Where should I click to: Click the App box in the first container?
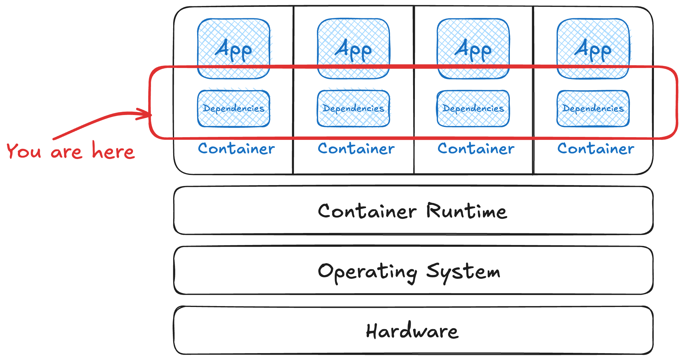click(234, 49)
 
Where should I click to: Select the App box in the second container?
click(353, 49)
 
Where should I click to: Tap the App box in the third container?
click(473, 49)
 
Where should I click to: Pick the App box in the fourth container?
click(593, 49)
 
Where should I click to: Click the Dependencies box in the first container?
click(234, 108)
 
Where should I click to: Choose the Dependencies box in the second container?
click(353, 108)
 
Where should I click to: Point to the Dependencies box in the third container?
click(473, 108)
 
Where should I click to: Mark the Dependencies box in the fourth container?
click(593, 108)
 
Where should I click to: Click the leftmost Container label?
click(236, 149)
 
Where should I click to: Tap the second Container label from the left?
click(356, 149)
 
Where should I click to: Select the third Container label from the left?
click(476, 149)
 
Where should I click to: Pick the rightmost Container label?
click(596, 149)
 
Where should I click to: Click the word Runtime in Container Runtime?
click(466, 211)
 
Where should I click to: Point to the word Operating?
click(367, 272)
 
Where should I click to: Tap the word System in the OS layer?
click(463, 272)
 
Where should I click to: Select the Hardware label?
click(412, 331)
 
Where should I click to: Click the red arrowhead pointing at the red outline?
click(147, 114)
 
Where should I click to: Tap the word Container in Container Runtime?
click(367, 211)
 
